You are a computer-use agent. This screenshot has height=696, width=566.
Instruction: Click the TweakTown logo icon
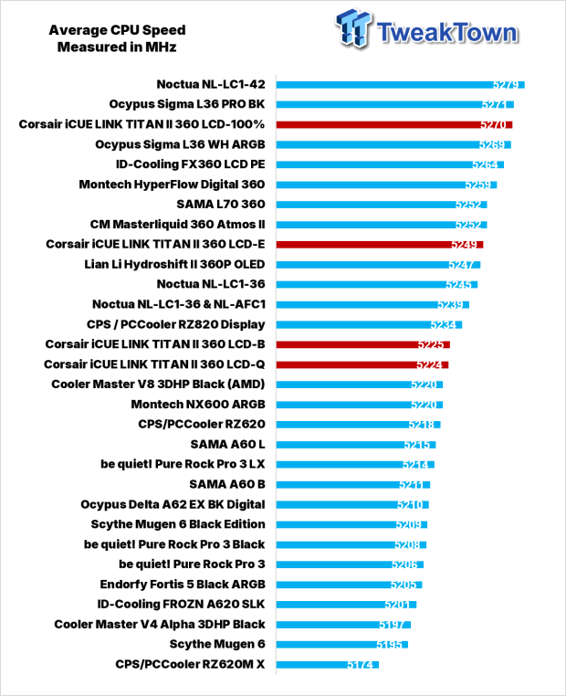coord(353,28)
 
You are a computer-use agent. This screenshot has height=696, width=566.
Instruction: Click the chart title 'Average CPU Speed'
coord(117,30)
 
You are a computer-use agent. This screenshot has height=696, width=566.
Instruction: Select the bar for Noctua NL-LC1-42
coord(400,85)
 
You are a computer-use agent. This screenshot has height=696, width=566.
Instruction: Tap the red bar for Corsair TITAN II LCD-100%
coord(394,125)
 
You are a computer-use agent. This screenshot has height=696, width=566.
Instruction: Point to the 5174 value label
coord(360,664)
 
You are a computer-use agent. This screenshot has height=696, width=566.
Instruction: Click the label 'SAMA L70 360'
coord(221,205)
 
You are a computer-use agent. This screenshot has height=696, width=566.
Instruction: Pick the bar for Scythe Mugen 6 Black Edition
coord(351,524)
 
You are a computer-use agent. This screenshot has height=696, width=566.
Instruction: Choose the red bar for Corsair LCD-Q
coord(362,364)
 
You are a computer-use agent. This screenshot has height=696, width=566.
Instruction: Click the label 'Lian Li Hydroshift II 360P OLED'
coord(174,265)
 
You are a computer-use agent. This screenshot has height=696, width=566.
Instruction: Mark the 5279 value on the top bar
coord(505,85)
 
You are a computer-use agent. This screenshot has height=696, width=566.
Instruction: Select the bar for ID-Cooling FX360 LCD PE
coord(390,164)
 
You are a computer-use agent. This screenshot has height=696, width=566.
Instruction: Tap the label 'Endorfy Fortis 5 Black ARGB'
coord(183,585)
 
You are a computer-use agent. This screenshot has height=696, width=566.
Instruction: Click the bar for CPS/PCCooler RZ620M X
coord(328,664)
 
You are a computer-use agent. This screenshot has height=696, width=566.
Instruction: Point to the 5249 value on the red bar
coord(464,245)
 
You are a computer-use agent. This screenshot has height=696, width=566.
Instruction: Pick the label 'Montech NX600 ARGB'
coord(198,405)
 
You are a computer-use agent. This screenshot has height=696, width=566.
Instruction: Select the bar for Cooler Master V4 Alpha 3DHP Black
coord(343,625)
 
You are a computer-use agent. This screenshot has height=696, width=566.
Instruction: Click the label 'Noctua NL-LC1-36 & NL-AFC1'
coord(179,304)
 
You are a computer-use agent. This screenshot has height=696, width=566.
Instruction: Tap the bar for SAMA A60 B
coord(353,485)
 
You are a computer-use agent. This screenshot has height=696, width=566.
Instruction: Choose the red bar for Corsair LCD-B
coord(362,345)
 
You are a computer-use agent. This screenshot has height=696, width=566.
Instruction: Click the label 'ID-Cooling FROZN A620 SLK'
coord(181,604)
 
